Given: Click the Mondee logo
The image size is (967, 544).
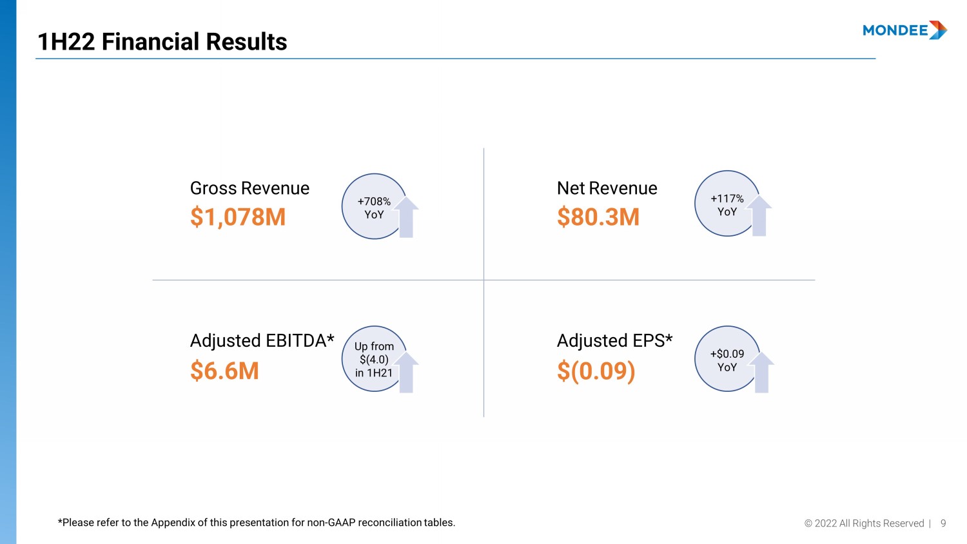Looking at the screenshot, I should pos(904,30).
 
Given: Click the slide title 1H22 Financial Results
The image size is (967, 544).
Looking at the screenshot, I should pos(162,42).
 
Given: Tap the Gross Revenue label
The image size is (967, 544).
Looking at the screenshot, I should pos(249,188).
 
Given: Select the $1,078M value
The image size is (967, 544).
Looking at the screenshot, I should pos(238,217).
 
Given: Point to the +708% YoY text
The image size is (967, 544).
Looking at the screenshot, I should pos(374,208).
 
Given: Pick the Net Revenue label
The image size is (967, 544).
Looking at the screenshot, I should pos(607,188).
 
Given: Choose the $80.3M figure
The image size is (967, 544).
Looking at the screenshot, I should pos(598,217).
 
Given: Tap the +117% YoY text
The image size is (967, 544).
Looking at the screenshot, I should pos(727,205).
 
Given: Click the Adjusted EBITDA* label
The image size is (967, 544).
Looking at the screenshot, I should pos(262,340).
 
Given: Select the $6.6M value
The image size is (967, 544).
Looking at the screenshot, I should pos(224,371).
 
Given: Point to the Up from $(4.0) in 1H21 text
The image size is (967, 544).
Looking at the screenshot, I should pos(374,360).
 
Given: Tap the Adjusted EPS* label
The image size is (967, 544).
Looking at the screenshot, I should pos(614,340).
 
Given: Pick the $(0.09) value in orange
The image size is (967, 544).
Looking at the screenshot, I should pos(596,371).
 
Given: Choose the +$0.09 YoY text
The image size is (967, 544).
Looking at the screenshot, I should pos(727,360).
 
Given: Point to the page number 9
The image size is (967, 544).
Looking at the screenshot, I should pos(943,523).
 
